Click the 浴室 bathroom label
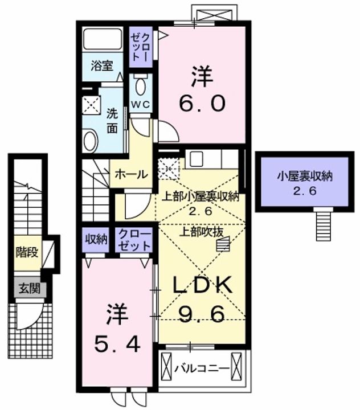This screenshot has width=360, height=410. (102, 65)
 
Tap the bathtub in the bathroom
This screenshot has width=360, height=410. (103, 39)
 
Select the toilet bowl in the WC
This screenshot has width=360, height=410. (141, 86)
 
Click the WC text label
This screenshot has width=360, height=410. (141, 105)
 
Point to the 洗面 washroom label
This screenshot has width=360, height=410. (112, 121)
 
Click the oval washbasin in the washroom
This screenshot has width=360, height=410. (90, 141)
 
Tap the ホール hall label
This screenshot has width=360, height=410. (132, 174)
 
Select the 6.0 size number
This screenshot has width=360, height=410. (202, 103)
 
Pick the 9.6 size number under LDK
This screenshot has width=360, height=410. (202, 314)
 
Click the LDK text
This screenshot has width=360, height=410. (203, 285)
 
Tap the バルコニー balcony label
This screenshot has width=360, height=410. (202, 368)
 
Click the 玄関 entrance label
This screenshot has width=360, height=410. (30, 289)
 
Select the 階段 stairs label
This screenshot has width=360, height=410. (27, 252)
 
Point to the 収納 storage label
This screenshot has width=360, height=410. (96, 239)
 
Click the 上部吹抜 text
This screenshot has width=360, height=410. (201, 232)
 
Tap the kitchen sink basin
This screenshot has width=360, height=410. (197, 159)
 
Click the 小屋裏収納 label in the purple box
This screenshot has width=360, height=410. (305, 177)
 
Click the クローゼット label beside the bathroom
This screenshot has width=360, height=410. (141, 47)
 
